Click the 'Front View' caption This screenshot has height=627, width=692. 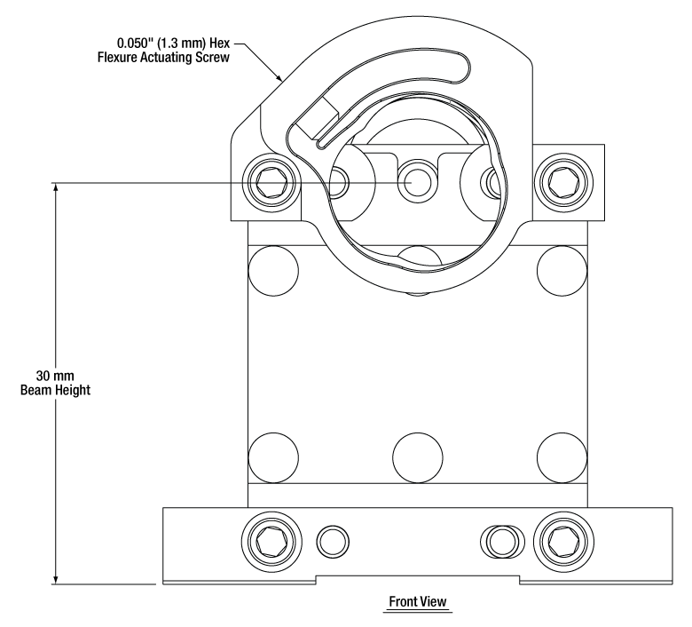coord(419,602)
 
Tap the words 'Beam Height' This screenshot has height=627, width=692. coord(53,390)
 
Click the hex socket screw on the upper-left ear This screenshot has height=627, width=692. coord(270,184)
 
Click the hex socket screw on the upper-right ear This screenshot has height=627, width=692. coord(561,184)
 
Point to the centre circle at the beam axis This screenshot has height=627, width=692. coord(415,183)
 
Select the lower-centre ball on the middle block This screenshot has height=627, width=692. coord(415,454)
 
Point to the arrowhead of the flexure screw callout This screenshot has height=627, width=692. coord(282,80)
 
